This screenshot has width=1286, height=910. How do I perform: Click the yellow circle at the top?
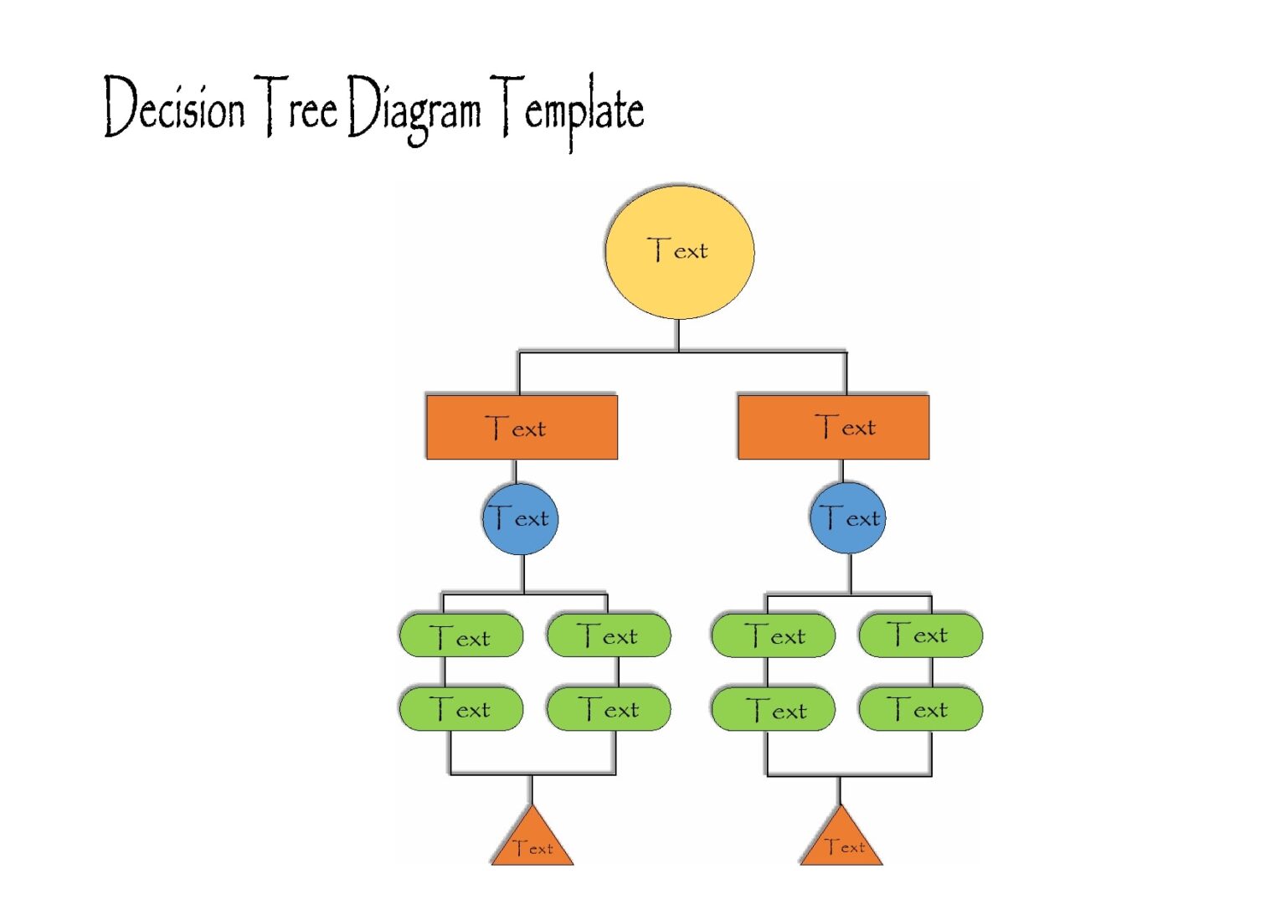point(679,252)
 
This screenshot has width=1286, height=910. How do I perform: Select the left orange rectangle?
point(522,428)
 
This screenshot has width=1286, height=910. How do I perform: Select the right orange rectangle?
point(833,427)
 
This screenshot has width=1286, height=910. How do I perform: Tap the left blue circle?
point(520,518)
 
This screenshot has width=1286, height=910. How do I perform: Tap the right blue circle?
point(847,517)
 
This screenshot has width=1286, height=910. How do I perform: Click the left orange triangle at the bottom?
point(532,842)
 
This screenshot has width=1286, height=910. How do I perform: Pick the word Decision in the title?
point(174,107)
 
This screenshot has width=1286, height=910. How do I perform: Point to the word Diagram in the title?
point(414,110)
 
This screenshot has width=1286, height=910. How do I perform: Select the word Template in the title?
point(568,110)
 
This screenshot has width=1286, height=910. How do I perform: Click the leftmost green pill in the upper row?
point(461,636)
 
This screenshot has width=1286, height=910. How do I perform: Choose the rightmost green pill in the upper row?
point(920,635)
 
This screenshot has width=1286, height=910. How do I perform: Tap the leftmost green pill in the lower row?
point(461,709)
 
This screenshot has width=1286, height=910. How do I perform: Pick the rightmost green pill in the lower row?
point(920,709)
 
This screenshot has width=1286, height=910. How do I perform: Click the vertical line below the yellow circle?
point(677,335)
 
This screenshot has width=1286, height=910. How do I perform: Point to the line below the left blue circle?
point(523,573)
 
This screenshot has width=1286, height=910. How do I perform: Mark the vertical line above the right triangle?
point(840,790)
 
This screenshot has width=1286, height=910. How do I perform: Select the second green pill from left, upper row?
point(609,636)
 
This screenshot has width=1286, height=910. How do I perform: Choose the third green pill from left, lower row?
point(773,709)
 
